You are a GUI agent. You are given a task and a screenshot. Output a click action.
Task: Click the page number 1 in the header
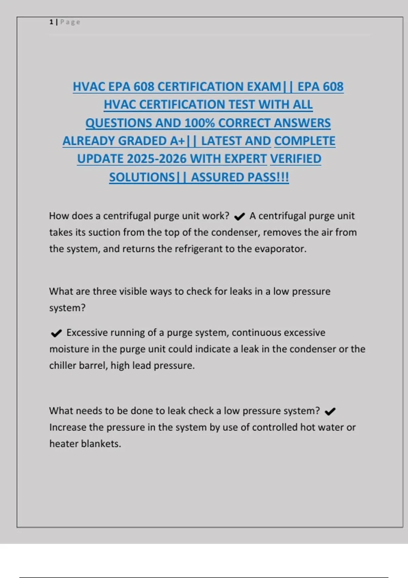pos(51,22)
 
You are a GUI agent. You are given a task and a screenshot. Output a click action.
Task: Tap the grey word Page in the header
pos(70,22)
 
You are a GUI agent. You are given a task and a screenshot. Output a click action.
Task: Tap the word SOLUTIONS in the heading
pos(142,177)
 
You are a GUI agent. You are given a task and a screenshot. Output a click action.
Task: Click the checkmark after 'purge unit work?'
pos(240,217)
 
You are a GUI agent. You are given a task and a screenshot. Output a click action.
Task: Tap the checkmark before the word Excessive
pos(56,333)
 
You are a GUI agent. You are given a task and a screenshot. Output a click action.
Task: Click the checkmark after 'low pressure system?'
pos(330,412)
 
